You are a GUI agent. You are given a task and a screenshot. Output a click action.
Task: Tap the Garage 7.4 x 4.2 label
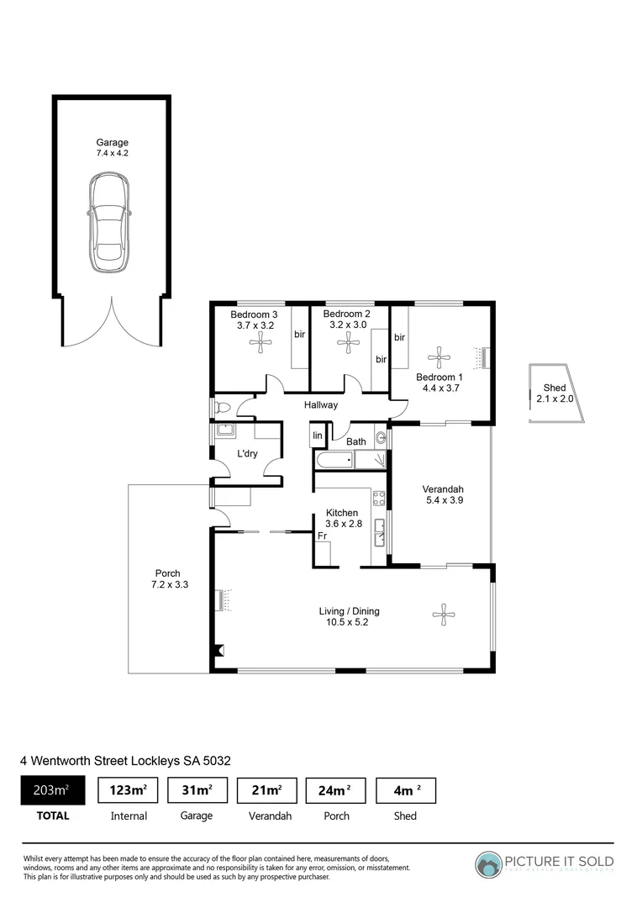click(112, 148)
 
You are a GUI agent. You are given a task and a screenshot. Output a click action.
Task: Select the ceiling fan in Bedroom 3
click(261, 340)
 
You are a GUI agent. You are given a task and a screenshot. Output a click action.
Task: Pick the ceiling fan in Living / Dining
click(443, 615)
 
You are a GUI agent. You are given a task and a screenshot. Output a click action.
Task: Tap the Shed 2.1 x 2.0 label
click(555, 393)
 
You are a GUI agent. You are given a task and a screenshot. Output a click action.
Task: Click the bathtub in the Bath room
click(333, 460)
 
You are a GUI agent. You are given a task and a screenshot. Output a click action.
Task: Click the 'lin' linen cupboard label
click(318, 435)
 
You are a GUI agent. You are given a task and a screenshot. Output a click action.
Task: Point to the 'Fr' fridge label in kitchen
click(322, 535)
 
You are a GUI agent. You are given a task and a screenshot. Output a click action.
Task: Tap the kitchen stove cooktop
click(379, 499)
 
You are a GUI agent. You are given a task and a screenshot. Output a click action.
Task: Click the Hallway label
click(321, 405)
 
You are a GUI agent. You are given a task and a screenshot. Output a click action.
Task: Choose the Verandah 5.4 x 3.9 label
click(445, 495)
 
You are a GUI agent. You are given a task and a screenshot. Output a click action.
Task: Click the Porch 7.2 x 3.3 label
click(166, 578)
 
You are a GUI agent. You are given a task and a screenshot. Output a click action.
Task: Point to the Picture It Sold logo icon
click(487, 864)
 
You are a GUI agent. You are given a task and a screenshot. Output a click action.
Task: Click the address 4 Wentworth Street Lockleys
click(125, 760)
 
